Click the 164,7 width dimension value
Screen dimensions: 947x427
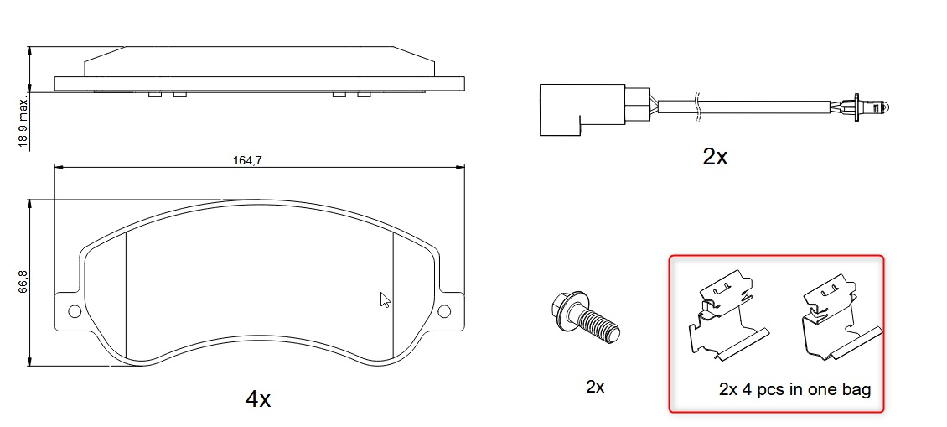pos(246,160)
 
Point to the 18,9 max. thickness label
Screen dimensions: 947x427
pos(23,122)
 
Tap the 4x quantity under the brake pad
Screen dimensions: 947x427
pos(258,398)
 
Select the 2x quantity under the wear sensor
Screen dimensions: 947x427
pos(715,157)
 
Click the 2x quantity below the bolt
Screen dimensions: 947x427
pos(595,387)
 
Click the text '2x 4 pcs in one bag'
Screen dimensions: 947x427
pos(794,389)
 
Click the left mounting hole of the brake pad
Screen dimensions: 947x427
pos(75,311)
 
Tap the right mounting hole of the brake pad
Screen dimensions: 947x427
pos(444,311)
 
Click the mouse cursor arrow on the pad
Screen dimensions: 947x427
pos(384,299)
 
